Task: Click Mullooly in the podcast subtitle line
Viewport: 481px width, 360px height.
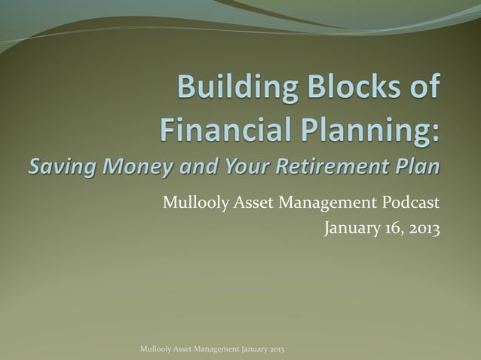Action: [190, 203]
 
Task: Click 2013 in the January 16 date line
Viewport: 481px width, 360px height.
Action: [423, 227]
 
